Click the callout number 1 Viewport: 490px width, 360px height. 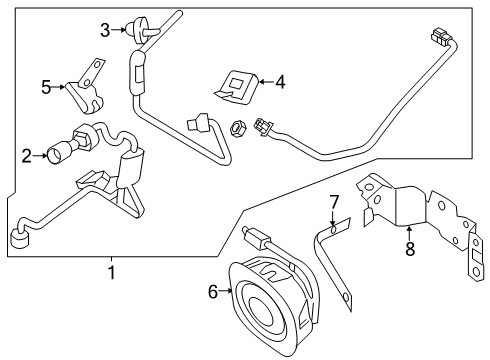click(111, 271)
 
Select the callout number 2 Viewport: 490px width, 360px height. click(27, 155)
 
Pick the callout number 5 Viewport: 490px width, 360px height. click(45, 86)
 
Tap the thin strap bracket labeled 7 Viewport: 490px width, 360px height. click(332, 266)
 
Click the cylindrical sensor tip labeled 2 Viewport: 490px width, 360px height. click(61, 153)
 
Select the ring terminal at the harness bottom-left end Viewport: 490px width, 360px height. click(18, 241)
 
